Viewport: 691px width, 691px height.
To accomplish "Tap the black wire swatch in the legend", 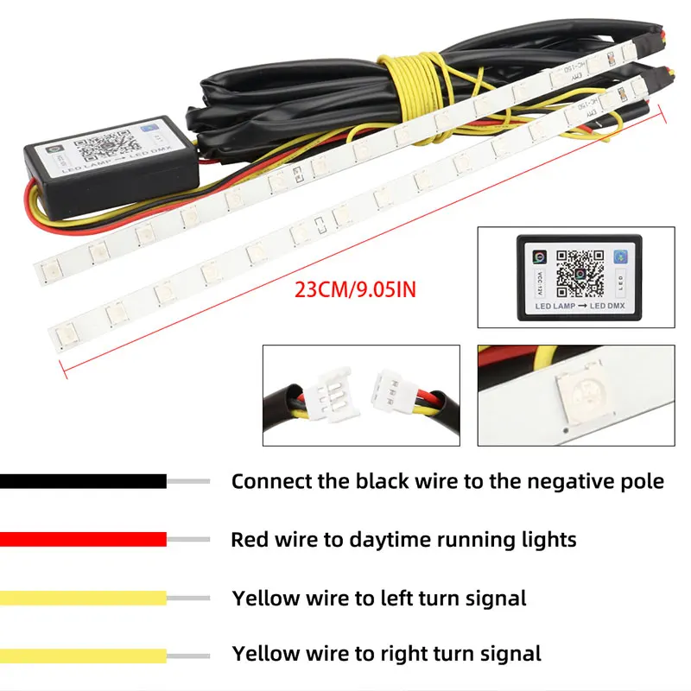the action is pos(83,481).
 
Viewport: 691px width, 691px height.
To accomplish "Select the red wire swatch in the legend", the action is pos(83,540).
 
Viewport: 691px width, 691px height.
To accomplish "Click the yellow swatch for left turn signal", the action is pos(83,598).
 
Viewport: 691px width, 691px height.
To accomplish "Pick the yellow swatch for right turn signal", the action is pos(83,656).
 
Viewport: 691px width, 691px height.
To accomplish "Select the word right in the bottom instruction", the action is pos(402,655).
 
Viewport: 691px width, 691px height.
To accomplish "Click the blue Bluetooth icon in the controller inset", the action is pos(618,257).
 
